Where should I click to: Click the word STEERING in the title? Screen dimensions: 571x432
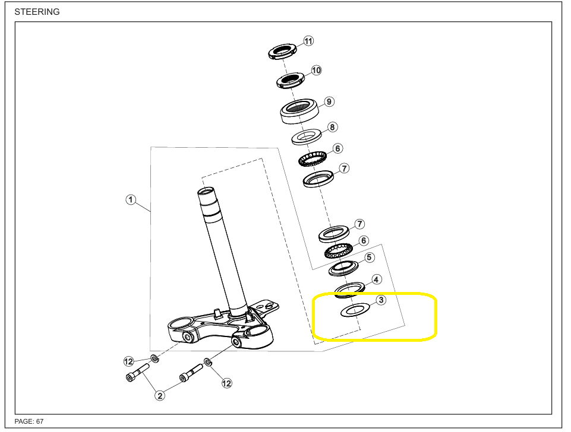point(37,12)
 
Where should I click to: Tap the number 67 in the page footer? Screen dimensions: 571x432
point(40,421)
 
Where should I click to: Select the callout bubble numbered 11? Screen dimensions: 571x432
point(308,41)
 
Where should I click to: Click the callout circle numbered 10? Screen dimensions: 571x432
point(316,70)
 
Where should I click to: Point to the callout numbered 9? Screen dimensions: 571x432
point(329,101)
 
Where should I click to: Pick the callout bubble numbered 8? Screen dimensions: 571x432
point(332,127)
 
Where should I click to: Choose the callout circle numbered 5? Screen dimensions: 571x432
point(369,258)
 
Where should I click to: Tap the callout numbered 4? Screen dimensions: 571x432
point(376,279)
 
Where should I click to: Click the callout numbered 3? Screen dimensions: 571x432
point(381,300)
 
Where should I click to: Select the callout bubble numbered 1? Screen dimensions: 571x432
point(131,199)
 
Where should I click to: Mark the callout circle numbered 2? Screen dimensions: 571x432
point(160,395)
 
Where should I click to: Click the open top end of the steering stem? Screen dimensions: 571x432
point(207,191)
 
